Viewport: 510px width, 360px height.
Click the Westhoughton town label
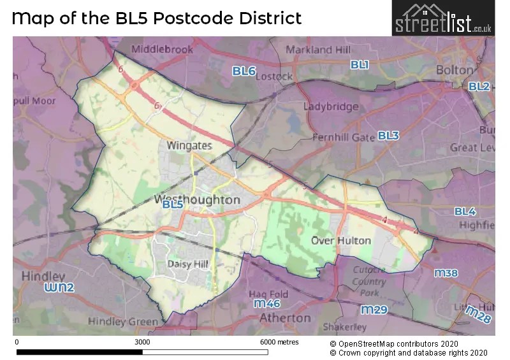tap(198, 199)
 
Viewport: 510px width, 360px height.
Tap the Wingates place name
tap(189, 145)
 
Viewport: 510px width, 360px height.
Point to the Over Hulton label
tap(340, 240)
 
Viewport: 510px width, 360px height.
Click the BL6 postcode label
tap(244, 71)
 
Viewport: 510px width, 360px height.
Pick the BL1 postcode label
tap(360, 64)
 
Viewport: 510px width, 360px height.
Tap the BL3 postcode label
tap(388, 135)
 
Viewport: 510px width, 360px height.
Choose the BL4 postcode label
tap(465, 211)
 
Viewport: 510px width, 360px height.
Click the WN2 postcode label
tap(59, 288)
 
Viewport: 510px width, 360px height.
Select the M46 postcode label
tap(268, 304)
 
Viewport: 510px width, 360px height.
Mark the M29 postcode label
tap(374, 310)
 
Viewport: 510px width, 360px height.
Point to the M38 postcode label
tap(446, 273)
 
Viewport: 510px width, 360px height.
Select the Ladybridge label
tap(330, 106)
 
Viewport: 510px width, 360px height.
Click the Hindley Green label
tap(122, 321)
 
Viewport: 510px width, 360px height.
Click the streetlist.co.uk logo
tap(442, 18)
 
